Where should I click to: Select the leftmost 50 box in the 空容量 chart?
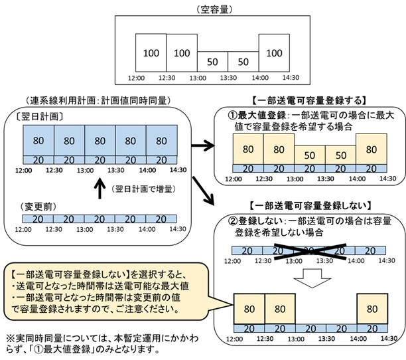(x=213, y=61)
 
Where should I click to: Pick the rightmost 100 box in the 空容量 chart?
(x=274, y=51)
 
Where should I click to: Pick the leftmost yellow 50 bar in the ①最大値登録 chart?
(x=308, y=155)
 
